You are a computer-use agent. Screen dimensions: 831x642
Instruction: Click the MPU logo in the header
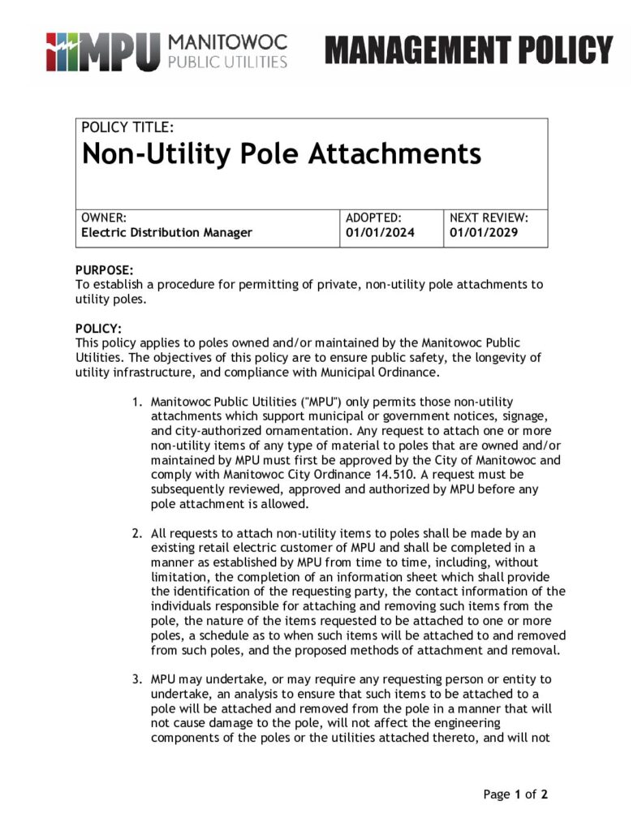tap(101, 50)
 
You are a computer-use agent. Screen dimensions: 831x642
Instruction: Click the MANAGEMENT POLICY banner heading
tap(469, 50)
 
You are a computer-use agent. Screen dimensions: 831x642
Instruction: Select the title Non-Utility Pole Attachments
tap(282, 153)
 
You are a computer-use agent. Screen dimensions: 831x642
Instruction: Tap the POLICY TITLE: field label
tap(127, 127)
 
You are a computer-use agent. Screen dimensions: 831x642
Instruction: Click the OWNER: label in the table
tap(103, 217)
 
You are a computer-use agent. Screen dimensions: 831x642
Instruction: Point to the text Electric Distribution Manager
tap(166, 233)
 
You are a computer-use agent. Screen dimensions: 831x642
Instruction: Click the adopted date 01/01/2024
tap(380, 233)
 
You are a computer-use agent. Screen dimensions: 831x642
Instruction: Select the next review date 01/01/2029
tap(484, 233)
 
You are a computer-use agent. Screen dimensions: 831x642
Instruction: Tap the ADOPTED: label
tap(373, 217)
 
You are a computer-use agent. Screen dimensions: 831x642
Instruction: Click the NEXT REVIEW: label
tap(489, 217)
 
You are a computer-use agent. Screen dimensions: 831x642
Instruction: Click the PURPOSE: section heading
tap(104, 270)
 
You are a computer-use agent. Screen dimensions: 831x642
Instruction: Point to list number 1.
tap(138, 402)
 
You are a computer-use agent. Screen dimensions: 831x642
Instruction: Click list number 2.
tap(138, 533)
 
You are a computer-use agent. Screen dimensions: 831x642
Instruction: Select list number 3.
tap(138, 678)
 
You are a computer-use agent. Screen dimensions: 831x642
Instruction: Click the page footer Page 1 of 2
tap(515, 794)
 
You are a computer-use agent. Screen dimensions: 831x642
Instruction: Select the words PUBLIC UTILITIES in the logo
tap(227, 62)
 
